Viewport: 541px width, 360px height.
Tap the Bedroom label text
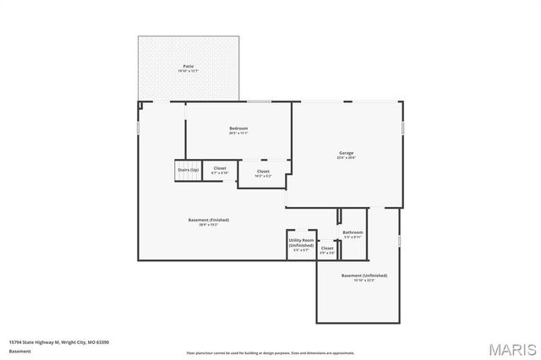[x=238, y=128]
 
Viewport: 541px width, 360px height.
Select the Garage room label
[x=346, y=153]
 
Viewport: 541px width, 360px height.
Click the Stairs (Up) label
[x=188, y=170]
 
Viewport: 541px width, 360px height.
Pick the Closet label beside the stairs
[x=219, y=168]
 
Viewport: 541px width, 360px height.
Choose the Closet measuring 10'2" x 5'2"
[x=263, y=174]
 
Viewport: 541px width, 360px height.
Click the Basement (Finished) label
[x=208, y=221]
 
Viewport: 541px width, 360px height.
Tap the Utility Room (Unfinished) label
[x=301, y=243]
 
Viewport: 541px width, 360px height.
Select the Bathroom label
[x=352, y=232]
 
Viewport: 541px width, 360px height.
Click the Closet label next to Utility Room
[x=327, y=248]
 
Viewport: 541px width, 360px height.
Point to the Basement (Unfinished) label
[x=363, y=275]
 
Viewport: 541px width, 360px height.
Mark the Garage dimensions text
[x=346, y=158]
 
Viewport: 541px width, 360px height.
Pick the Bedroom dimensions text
[x=238, y=133]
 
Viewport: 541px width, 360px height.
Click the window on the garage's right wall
[x=403, y=127]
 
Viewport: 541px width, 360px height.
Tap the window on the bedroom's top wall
[x=259, y=102]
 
